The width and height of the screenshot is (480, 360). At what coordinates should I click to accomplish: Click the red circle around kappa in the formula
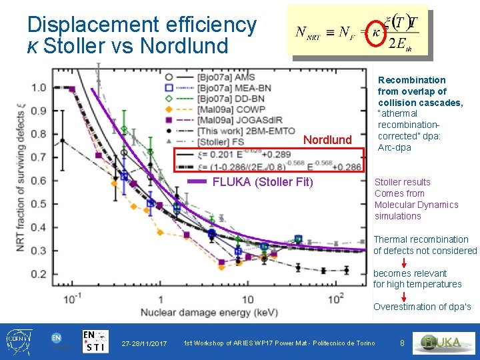tap(377, 32)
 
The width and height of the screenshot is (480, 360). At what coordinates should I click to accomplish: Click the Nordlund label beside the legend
tap(327, 140)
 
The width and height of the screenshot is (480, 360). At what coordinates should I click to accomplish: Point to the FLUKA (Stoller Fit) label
tap(262, 182)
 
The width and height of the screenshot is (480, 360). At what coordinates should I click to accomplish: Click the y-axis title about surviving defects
tap(21, 180)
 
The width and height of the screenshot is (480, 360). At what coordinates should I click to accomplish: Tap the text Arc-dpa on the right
tap(395, 147)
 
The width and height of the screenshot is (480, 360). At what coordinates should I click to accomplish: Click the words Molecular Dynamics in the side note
tap(416, 205)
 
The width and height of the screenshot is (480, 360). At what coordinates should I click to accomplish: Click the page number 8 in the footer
tap(402, 343)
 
